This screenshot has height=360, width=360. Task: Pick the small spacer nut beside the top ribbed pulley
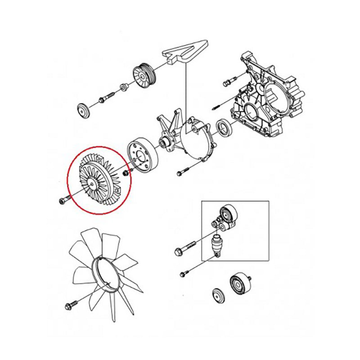pyautogui.click(x=122, y=87)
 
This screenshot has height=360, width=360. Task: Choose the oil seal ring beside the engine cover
pyautogui.click(x=224, y=127)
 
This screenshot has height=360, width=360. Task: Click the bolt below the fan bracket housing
pyautogui.click(x=181, y=172)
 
